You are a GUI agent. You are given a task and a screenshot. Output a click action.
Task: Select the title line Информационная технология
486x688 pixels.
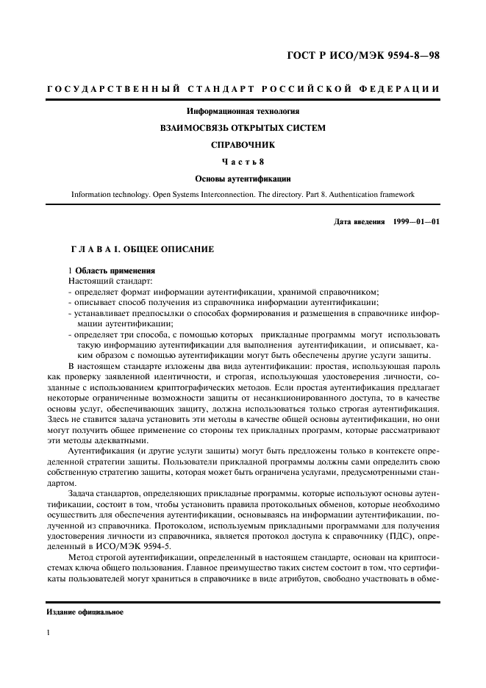(x=243, y=112)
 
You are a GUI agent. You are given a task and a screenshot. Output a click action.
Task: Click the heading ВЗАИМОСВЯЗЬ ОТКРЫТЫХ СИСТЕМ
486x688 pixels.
(x=243, y=128)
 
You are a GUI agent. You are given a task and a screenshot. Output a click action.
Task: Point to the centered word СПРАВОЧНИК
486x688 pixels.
(x=243, y=145)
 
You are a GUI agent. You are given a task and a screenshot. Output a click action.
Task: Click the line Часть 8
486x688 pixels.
(x=243, y=162)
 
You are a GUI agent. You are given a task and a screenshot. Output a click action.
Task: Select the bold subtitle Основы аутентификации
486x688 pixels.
(x=243, y=179)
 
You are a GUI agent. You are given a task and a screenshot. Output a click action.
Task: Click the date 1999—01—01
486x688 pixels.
(x=416, y=221)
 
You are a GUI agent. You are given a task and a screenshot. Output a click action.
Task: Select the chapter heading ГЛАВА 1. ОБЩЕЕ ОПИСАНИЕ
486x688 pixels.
(x=141, y=249)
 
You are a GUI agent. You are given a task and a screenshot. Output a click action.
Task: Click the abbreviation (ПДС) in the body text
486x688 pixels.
(x=397, y=528)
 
